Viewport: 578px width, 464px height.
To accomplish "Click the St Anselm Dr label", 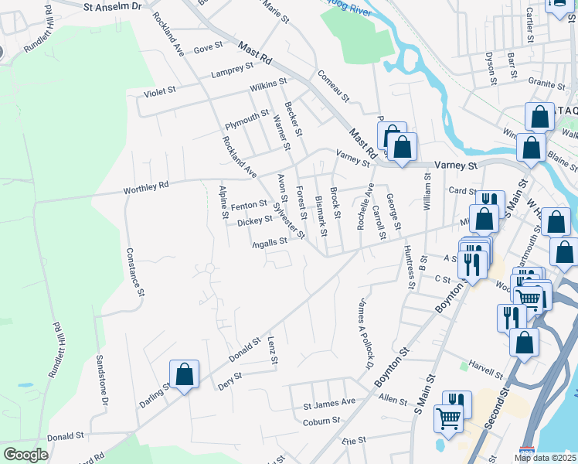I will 113,5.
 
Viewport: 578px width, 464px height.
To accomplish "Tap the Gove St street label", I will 208,48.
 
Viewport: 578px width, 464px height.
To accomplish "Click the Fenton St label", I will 248,206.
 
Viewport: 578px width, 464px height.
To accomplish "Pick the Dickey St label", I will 254,222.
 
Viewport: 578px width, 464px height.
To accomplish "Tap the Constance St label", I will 136,271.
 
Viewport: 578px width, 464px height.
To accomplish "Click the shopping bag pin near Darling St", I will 185,374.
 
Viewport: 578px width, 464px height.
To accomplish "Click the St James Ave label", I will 328,403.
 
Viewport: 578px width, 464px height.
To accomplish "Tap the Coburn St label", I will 321,421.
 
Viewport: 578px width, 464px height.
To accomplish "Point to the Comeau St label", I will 334,87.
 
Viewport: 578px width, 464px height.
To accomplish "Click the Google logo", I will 25,455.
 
